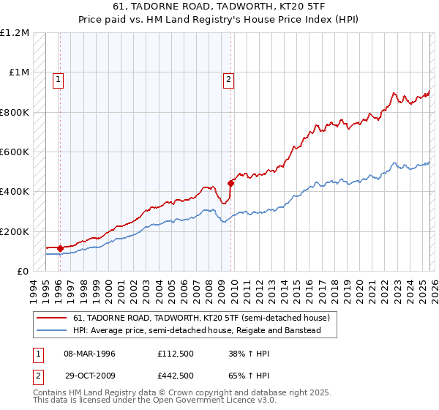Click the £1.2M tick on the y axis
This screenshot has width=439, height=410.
tap(15, 33)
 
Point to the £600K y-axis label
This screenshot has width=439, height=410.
tap(15, 152)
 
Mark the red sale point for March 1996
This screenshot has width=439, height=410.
tap(60, 249)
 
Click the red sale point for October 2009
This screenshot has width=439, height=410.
tap(230, 183)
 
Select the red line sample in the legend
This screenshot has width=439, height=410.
tap(53, 318)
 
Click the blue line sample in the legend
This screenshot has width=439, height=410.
tap(53, 331)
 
